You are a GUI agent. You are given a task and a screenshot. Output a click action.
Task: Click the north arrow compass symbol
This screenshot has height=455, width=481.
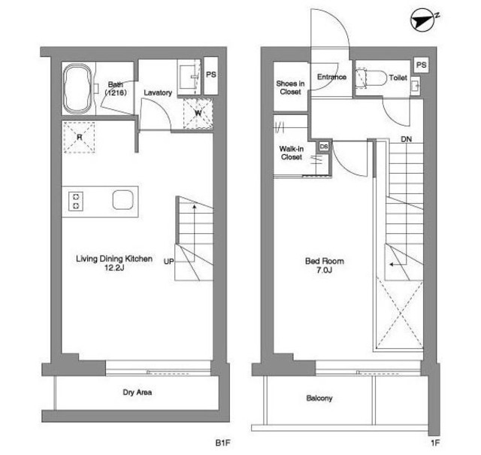point(422,20)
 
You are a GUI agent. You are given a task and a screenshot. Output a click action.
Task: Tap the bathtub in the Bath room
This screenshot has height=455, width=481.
point(78,89)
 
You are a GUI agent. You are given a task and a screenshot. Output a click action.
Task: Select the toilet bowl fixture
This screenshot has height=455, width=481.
point(371,79)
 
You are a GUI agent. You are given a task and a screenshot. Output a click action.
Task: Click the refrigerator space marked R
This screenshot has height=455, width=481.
point(80,137)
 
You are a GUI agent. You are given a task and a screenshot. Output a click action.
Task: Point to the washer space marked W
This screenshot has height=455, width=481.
point(198,114)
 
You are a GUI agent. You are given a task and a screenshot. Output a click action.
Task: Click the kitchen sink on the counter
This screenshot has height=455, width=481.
point(123,200)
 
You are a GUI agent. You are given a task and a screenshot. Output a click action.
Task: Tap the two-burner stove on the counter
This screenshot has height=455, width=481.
point(76,201)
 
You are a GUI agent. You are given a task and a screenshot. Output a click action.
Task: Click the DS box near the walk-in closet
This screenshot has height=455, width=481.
point(324,147)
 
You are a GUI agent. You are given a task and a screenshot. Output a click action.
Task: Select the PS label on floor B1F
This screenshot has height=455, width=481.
point(211,74)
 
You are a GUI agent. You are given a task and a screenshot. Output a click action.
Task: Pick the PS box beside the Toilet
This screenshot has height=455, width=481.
point(421,65)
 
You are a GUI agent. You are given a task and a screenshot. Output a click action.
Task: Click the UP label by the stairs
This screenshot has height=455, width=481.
point(168,262)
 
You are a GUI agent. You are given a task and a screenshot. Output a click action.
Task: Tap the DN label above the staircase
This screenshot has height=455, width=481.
point(406,139)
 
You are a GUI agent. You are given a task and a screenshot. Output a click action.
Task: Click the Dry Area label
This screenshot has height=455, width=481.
point(137,392)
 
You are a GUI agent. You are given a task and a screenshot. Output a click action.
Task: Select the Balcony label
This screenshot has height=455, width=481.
point(319,398)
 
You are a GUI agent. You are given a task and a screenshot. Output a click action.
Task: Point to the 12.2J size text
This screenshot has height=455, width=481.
point(114,268)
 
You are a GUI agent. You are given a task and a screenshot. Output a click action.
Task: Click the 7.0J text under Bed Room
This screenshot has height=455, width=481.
point(325,270)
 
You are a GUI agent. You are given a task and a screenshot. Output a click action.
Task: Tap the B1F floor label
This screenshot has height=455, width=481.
point(222,443)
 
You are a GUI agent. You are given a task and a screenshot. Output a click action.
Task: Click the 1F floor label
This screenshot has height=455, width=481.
point(435,443)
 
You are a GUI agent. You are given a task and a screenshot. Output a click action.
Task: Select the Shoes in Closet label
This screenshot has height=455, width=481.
point(290,87)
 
